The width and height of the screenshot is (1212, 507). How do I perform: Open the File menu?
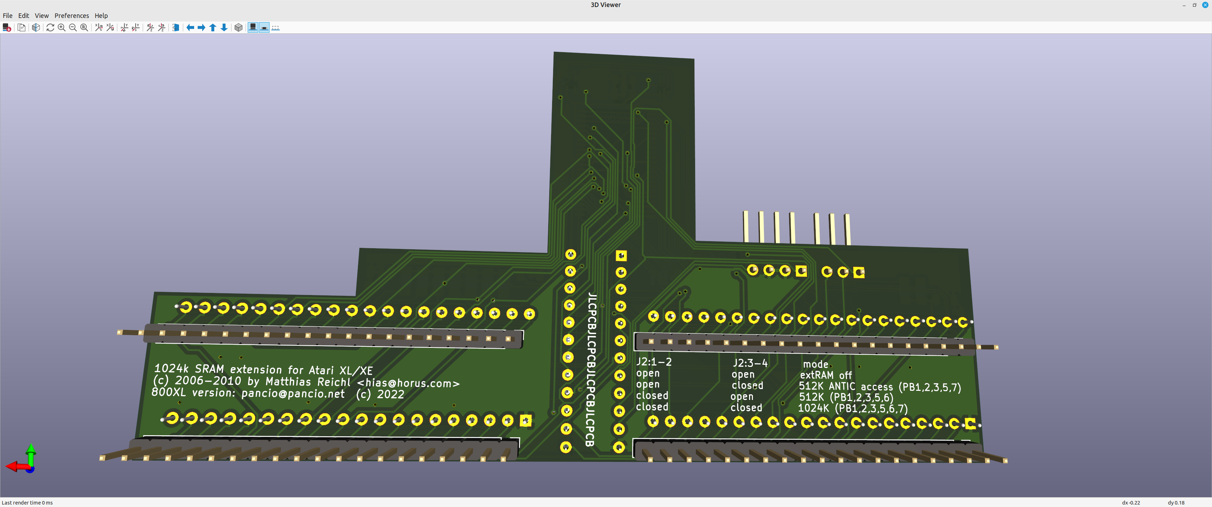pyautogui.click(x=7, y=15)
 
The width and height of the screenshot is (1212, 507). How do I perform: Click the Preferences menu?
pyautogui.click(x=72, y=15)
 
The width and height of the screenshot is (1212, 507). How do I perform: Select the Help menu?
pyautogui.click(x=101, y=15)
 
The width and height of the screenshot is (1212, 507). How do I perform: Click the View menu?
pyautogui.click(x=42, y=15)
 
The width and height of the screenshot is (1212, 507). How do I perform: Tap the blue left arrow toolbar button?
pyautogui.click(x=190, y=27)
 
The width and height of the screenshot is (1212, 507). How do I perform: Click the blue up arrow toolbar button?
pyautogui.click(x=213, y=27)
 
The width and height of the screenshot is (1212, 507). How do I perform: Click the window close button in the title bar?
pyautogui.click(x=1205, y=5)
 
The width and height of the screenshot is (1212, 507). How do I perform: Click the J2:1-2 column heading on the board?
pyautogui.click(x=654, y=362)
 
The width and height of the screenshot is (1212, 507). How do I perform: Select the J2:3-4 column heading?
pyautogui.click(x=750, y=363)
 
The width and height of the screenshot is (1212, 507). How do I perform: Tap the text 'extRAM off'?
pyautogui.click(x=826, y=375)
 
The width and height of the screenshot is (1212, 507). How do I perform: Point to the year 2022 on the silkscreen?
pyautogui.click(x=390, y=394)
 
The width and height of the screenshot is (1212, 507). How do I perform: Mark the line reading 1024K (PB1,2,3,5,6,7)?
pyautogui.click(x=853, y=408)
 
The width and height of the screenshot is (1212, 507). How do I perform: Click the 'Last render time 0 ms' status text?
pyautogui.click(x=27, y=503)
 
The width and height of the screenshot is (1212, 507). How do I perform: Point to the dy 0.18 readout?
pyautogui.click(x=1176, y=503)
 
